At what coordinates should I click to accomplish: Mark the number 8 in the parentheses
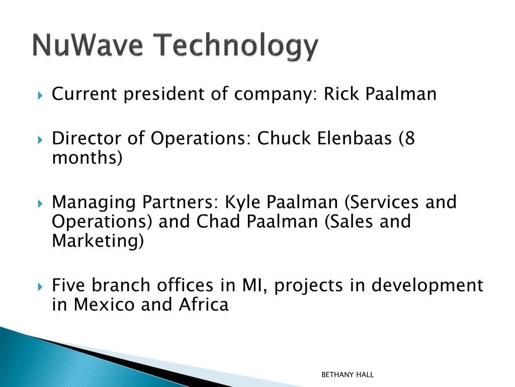[x=409, y=138]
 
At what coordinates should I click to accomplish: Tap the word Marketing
[x=95, y=241]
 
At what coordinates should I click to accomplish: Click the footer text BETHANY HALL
[x=348, y=375]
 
